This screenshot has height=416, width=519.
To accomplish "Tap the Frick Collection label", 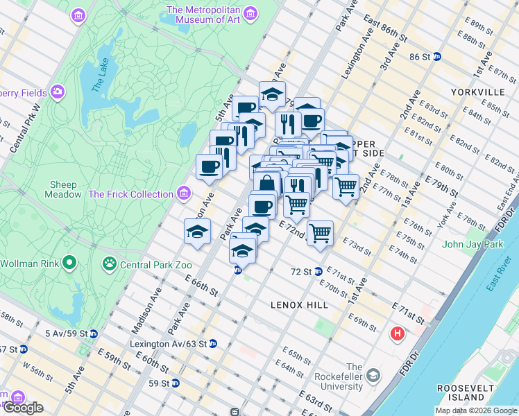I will coord(131,194).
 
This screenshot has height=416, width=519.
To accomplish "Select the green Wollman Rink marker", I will coord(69,263).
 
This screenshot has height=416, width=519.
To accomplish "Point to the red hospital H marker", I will coord(398,334).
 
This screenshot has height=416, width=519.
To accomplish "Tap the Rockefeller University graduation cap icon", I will coord(374,375).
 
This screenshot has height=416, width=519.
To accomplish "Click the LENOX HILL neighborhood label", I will coord(298,304).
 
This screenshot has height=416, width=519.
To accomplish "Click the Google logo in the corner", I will coord(23,408).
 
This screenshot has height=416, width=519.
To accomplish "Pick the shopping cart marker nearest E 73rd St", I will coord(320,234).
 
